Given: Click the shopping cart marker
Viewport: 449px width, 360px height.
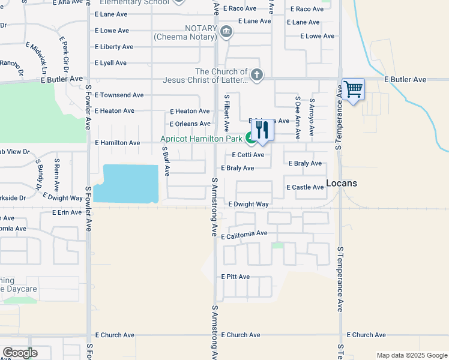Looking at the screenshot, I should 353,90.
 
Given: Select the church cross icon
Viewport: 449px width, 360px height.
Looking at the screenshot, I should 257,75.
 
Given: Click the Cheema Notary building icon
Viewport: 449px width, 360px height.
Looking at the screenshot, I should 226,32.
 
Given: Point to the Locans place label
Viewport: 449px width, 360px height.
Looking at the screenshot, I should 342,183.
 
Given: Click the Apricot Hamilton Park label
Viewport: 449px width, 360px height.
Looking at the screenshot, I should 201,139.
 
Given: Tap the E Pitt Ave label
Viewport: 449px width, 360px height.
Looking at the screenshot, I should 235,277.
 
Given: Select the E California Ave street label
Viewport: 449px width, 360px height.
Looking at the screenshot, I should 244,235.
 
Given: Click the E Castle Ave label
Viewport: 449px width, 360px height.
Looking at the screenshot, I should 306,187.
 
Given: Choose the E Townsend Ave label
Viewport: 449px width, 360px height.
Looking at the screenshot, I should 119,95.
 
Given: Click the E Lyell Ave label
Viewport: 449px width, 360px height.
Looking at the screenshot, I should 110,62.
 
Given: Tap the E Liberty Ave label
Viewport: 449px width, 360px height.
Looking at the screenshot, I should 114,47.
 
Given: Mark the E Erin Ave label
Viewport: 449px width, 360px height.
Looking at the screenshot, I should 67,212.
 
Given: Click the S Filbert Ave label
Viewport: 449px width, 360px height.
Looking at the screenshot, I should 227,113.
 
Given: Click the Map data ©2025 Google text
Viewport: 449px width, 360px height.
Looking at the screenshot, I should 412,355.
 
